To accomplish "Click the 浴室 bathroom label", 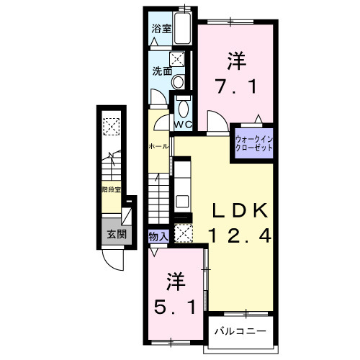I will coord(161,30).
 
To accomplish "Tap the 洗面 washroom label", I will coord(161,71).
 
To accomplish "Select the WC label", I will coord(182,125).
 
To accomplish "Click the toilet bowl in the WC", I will coord(183,109).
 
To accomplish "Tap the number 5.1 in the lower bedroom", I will coord(174,307).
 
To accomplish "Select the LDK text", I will coord(240,210).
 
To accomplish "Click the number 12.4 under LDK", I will coord(240,235).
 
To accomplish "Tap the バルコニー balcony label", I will coord(240,332).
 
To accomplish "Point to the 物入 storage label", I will coord(158,236).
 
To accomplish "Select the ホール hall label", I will coord(158,146).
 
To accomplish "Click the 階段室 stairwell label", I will coord(111,190).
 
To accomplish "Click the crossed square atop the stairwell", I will coord(112,127).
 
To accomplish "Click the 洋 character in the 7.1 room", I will coord(237,58).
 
